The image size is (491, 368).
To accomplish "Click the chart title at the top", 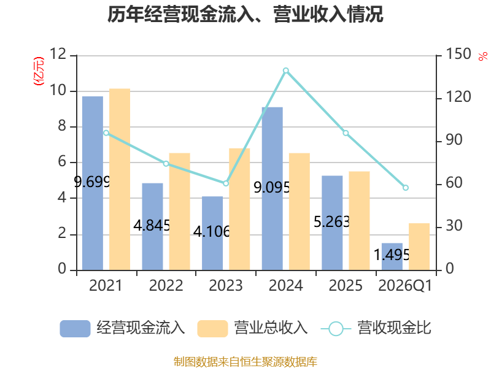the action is pyautogui.click(x=245, y=14).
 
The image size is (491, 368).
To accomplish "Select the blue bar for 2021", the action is pyautogui.click(x=93, y=183).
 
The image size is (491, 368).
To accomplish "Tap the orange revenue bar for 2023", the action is pyautogui.click(x=239, y=209).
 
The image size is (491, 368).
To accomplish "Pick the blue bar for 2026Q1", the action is pyautogui.click(x=392, y=256).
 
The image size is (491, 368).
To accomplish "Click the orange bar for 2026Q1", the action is pyautogui.click(x=419, y=247).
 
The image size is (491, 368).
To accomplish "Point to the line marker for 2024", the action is pyautogui.click(x=286, y=71).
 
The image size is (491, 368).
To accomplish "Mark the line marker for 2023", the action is pyautogui.click(x=226, y=183).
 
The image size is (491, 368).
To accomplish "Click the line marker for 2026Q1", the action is pyautogui.click(x=406, y=188).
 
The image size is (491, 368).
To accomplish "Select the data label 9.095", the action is pyautogui.click(x=272, y=188).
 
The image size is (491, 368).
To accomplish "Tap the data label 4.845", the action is pyautogui.click(x=152, y=225).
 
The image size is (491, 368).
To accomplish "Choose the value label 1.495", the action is pyautogui.click(x=392, y=255).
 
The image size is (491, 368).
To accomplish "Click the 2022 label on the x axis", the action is pyautogui.click(x=166, y=285).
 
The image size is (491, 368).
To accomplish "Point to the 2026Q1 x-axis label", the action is pyautogui.click(x=405, y=285).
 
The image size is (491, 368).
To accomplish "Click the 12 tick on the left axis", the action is pyautogui.click(x=58, y=54).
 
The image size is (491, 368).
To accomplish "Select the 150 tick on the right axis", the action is pyautogui.click(x=458, y=54).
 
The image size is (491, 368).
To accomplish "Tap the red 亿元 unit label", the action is pyautogui.click(x=39, y=71).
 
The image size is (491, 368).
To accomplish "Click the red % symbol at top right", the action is pyautogui.click(x=483, y=56).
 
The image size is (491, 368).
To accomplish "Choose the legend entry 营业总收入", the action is pyautogui.click(x=252, y=328).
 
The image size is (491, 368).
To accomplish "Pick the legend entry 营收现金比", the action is pyautogui.click(x=376, y=328).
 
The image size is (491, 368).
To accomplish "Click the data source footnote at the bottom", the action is pyautogui.click(x=245, y=362).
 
